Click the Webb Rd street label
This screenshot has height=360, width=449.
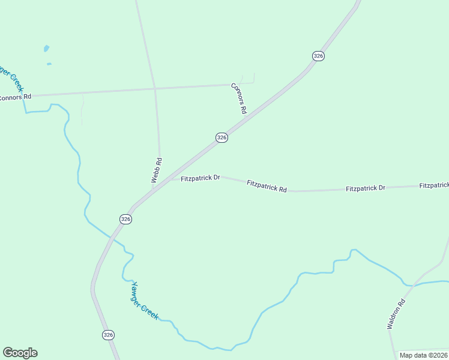pyautogui.click(x=157, y=170)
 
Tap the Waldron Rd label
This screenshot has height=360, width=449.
pyautogui.click(x=397, y=314)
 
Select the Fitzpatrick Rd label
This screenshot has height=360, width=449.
pyautogui.click(x=267, y=186)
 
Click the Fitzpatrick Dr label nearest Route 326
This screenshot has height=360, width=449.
pyautogui.click(x=200, y=178)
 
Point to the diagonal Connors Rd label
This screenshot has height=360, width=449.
pyautogui.click(x=239, y=98)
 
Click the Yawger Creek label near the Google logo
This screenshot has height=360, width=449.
pyautogui.click(x=145, y=301)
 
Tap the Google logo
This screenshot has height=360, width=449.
pyautogui.click(x=20, y=353)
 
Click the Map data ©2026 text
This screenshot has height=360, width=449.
pyautogui.click(x=423, y=355)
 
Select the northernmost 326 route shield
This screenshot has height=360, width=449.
pyautogui.click(x=318, y=56)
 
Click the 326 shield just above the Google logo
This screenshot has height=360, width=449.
pyautogui.click(x=108, y=334)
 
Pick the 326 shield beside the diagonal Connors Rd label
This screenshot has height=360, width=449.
pyautogui.click(x=221, y=137)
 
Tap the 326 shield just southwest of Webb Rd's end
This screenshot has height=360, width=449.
pyautogui.click(x=125, y=219)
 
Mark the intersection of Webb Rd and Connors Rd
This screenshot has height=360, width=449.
pyautogui.click(x=155, y=89)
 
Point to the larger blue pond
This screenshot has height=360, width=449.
pyautogui.click(x=46, y=49)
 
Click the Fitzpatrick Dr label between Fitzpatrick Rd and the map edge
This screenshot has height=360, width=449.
pyautogui.click(x=365, y=188)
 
